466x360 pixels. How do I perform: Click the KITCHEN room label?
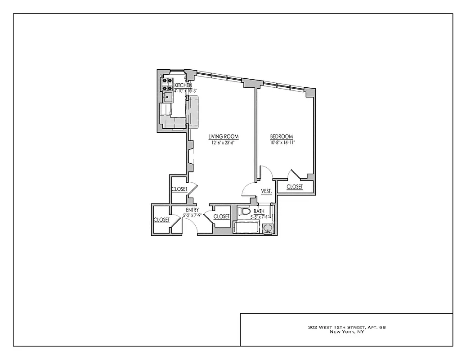(x=183, y=85)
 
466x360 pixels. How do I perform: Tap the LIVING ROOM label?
(x=223, y=136)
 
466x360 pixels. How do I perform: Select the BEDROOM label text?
(x=282, y=136)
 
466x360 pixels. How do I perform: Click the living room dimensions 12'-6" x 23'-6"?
(x=223, y=142)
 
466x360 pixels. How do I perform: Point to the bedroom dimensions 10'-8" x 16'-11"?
(x=282, y=142)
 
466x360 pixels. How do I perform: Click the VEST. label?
(x=267, y=191)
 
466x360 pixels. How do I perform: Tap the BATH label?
(x=259, y=211)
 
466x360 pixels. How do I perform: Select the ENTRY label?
(x=192, y=210)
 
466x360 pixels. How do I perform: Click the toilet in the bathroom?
(x=244, y=211)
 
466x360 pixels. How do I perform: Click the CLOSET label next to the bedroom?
(x=295, y=187)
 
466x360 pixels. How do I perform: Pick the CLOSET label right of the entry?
(x=221, y=216)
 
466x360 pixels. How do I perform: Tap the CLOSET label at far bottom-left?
(x=161, y=220)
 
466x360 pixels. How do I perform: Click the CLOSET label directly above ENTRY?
(x=179, y=189)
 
